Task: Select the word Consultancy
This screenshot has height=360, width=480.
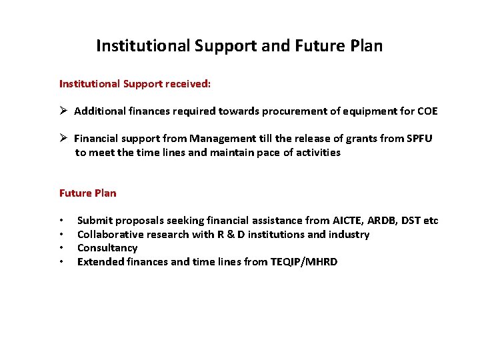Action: (x=107, y=248)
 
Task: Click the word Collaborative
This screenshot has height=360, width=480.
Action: (x=111, y=235)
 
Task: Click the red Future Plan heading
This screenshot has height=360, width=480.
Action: (x=87, y=193)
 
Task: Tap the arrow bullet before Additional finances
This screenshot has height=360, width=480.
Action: (x=64, y=111)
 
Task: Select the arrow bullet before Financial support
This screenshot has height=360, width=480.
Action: (x=64, y=139)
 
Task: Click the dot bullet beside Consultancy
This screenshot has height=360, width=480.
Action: (x=61, y=249)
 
